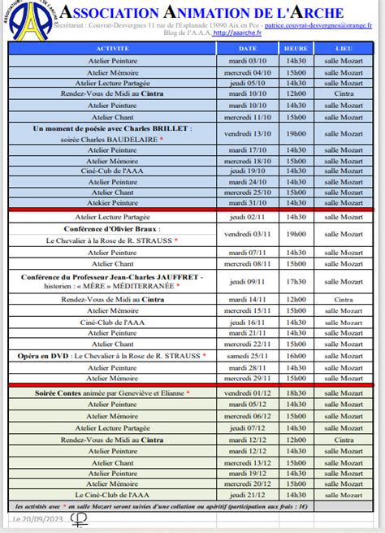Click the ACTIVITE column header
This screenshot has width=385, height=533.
tap(112, 49)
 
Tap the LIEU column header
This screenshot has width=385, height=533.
tap(344, 49)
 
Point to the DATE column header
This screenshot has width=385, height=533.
tap(248, 49)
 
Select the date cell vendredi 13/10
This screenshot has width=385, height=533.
tap(248, 134)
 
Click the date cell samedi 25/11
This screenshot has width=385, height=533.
tap(248, 356)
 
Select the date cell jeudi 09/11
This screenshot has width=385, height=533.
tap(248, 282)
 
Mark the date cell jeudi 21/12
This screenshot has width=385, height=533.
tap(248, 494)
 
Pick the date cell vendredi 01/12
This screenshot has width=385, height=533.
tap(248, 393)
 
